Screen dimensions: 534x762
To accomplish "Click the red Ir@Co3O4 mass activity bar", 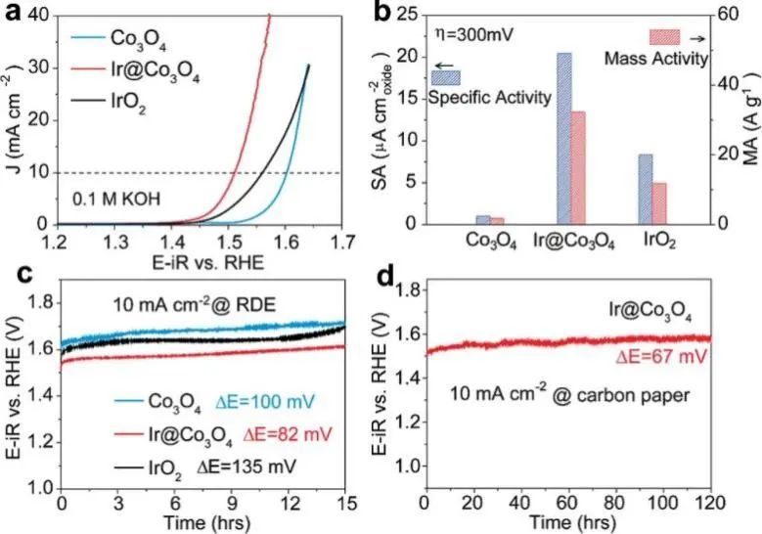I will coord(577,167).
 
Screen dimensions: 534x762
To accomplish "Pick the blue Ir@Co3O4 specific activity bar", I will coord(563,138).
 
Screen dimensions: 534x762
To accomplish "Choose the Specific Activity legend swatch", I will coord(445,75).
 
